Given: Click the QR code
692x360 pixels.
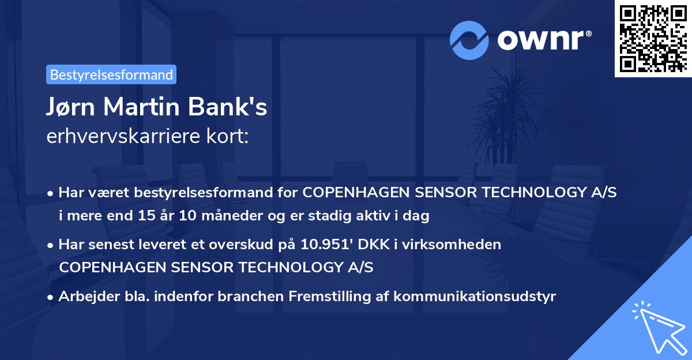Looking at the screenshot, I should click(653, 38).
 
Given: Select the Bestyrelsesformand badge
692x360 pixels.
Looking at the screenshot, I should click(111, 74).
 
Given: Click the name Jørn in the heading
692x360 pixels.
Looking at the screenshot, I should click(74, 108).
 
